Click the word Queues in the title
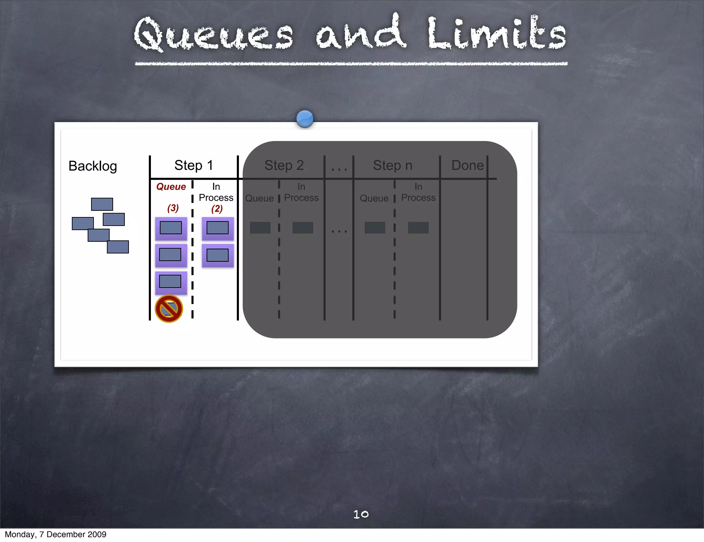(x=213, y=34)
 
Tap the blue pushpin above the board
(x=305, y=119)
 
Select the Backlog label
(x=93, y=166)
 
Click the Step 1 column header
(x=194, y=165)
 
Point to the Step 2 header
(x=284, y=165)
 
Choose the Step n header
(x=393, y=165)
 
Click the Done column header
(x=467, y=165)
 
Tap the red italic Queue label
(x=171, y=187)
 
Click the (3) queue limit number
(x=173, y=208)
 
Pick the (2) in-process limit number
(x=217, y=209)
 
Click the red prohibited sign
(x=169, y=308)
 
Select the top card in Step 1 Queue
(x=171, y=228)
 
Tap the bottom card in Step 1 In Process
(x=218, y=256)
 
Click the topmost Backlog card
(x=102, y=204)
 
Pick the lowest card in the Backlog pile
(x=118, y=247)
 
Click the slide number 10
(x=361, y=514)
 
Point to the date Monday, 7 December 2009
(x=56, y=534)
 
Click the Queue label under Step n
(x=374, y=198)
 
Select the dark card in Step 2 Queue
(x=260, y=228)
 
